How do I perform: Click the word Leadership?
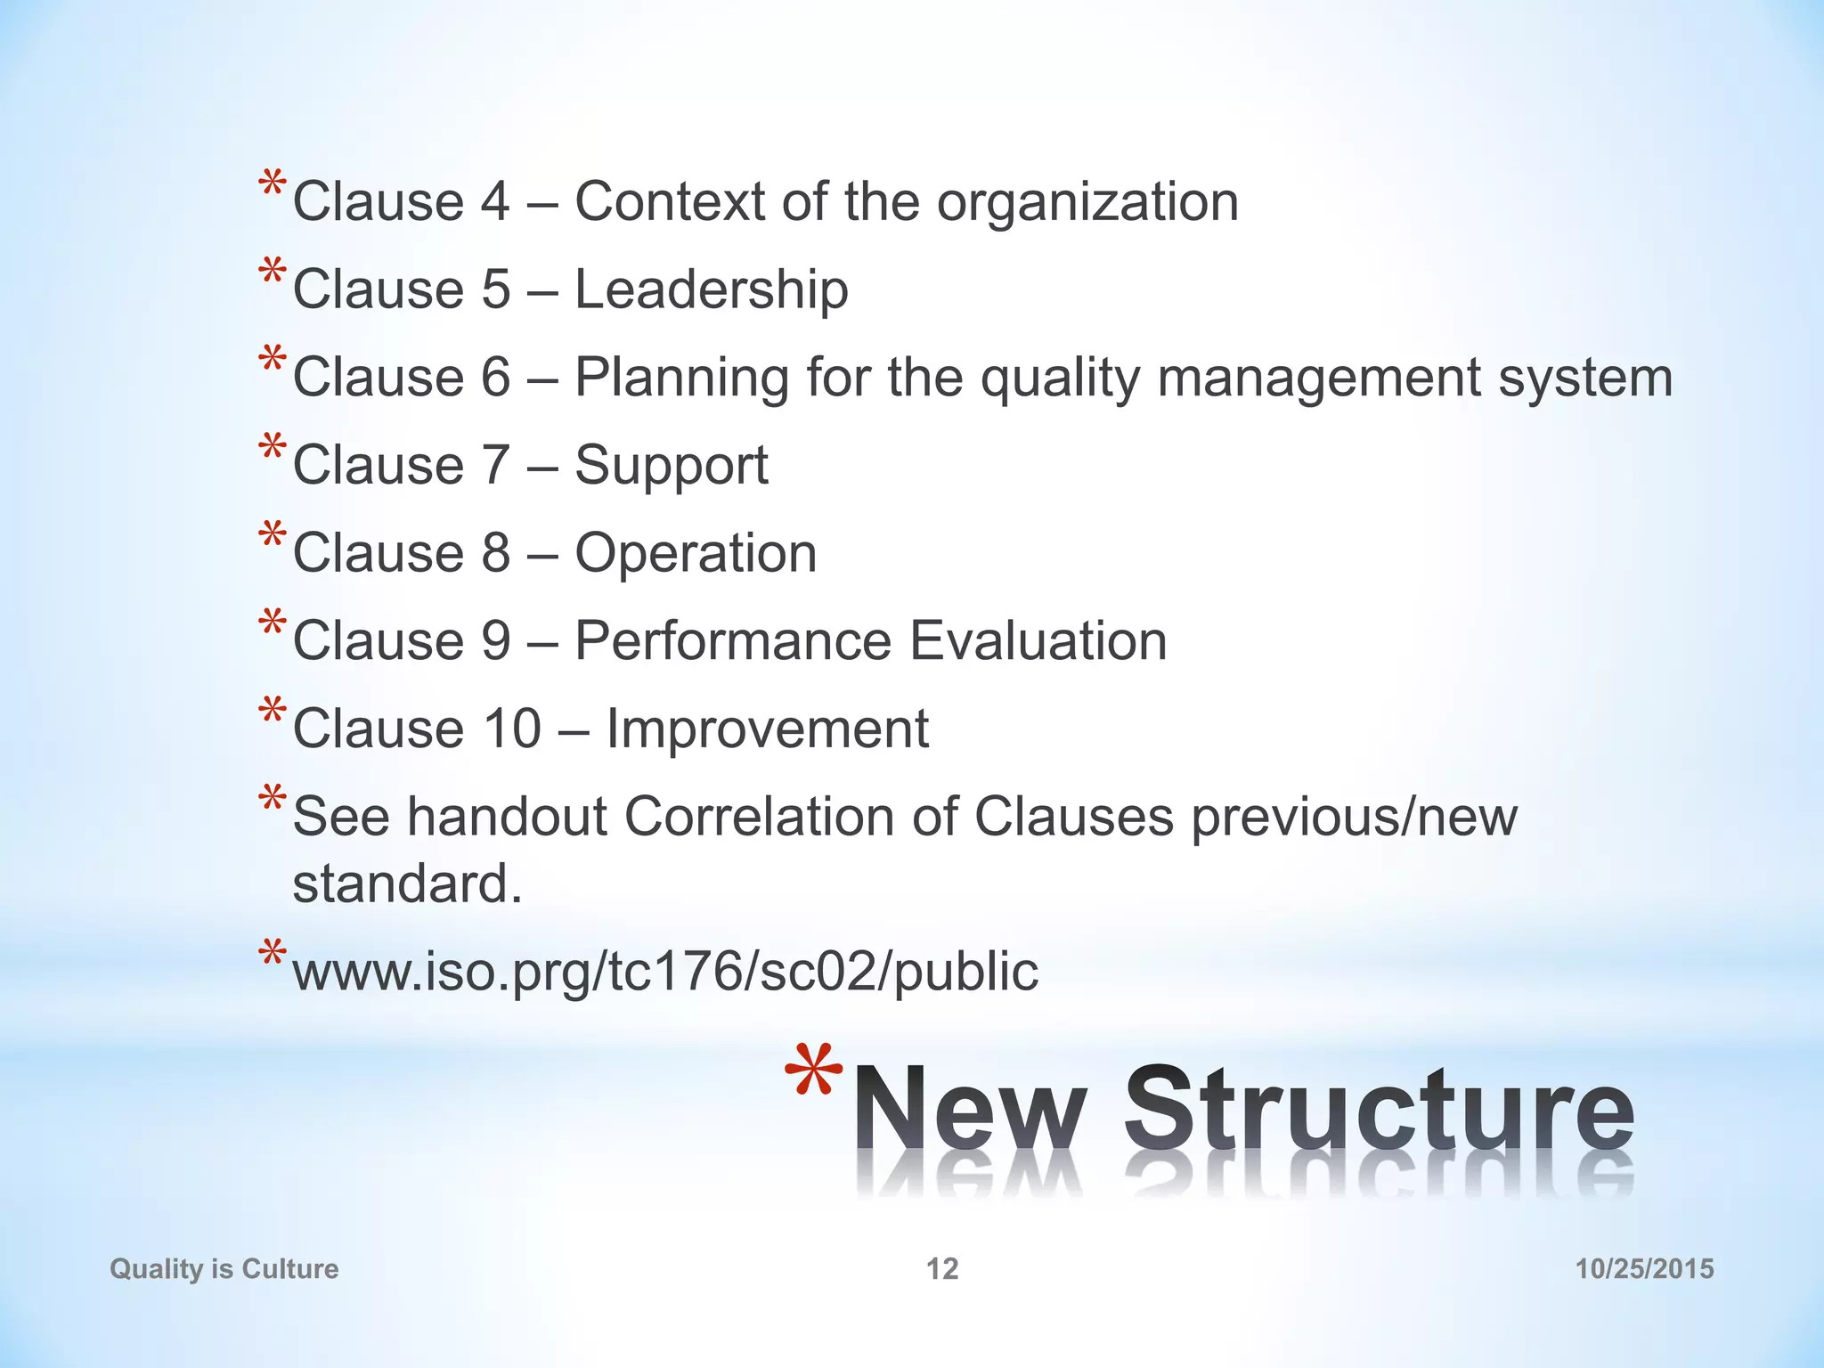coord(711,289)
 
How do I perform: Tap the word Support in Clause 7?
coord(671,465)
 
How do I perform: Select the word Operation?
coord(696,553)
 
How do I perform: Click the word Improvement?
coord(767,729)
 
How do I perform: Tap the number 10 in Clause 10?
coord(511,729)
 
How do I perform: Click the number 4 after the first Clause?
coord(495,202)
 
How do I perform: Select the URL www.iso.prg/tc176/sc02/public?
coord(665,971)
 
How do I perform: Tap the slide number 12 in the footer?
coord(942,1268)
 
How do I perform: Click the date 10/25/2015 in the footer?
coord(1644,1268)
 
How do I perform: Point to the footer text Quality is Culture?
coord(224,1268)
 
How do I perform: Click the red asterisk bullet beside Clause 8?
coord(273,537)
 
